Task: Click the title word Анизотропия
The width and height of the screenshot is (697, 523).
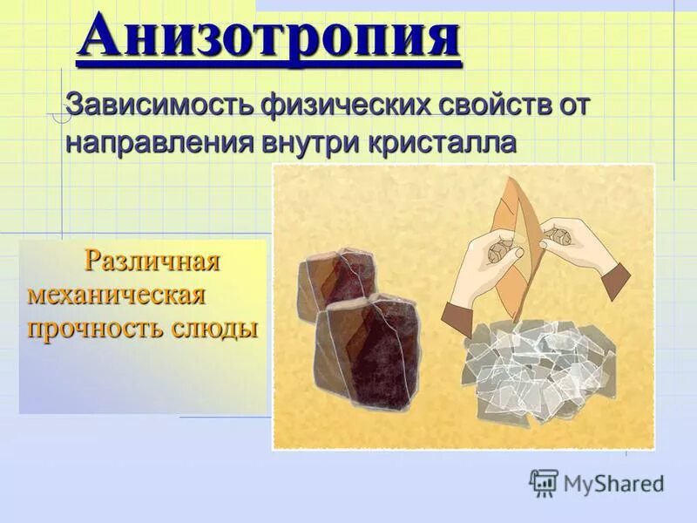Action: click(269, 39)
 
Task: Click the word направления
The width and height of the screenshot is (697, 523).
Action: click(160, 142)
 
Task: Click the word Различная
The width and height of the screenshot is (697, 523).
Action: click(152, 261)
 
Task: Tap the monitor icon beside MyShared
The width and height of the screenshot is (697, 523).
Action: click(544, 482)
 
